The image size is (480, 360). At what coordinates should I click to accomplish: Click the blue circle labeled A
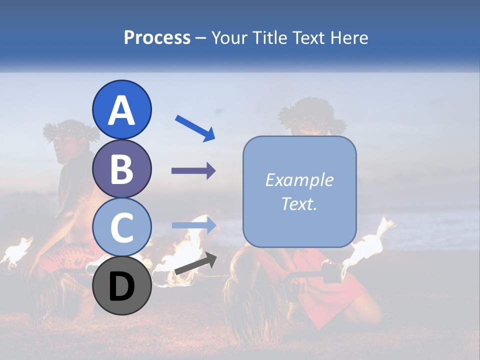(121, 109)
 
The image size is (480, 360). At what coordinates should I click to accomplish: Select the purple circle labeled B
(121, 168)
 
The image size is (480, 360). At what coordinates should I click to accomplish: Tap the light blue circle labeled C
(121, 227)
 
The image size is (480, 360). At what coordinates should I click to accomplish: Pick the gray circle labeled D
(121, 285)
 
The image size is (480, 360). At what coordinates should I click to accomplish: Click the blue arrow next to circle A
(194, 128)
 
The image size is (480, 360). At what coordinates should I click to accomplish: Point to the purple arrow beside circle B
(193, 171)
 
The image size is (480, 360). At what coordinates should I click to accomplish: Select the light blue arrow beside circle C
(193, 225)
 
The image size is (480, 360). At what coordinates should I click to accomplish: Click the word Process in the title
(157, 37)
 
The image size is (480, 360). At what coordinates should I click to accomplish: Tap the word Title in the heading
(270, 37)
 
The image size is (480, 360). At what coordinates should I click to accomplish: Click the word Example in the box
(299, 180)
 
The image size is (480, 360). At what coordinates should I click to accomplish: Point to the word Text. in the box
(299, 203)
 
